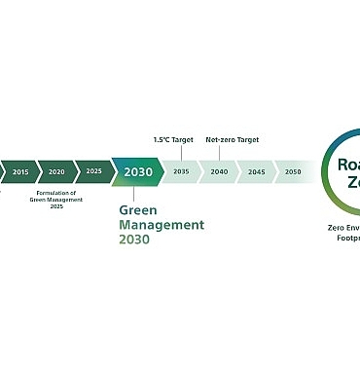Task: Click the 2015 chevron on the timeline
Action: [x=20, y=171]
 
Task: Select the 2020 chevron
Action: [x=56, y=171]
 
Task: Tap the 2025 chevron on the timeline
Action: [x=92, y=171]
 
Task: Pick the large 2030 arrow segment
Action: [x=137, y=172]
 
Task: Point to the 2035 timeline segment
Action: [x=181, y=171]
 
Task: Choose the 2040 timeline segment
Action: [x=219, y=171]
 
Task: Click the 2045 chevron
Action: [x=256, y=171]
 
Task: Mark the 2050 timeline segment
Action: [x=292, y=171]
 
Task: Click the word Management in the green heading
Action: [x=162, y=224]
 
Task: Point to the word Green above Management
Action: [x=137, y=209]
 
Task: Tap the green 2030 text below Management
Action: [x=135, y=239]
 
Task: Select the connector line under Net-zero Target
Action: [x=219, y=152]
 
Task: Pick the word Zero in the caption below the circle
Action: [x=337, y=224]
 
